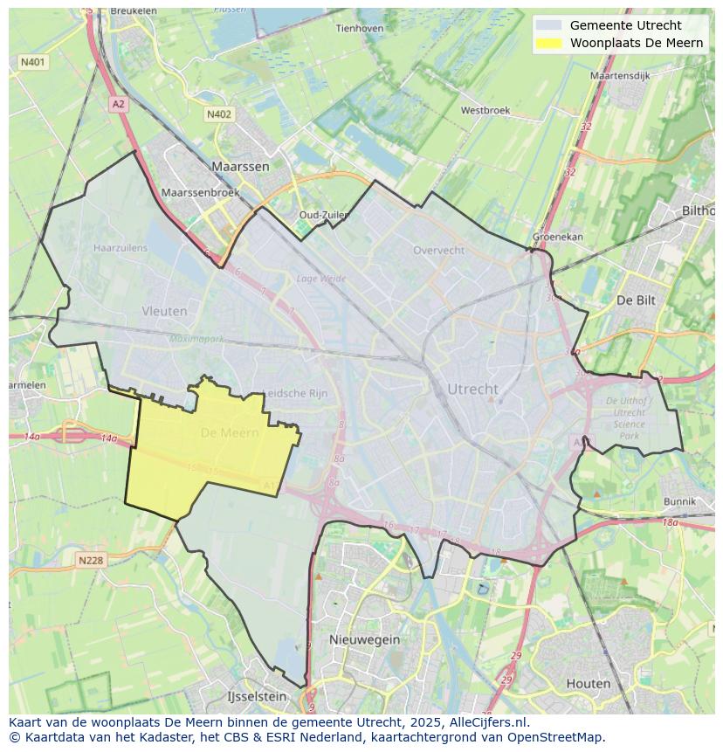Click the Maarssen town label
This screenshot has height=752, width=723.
240,166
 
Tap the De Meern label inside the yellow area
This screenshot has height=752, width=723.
230,432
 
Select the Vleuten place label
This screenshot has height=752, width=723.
164,311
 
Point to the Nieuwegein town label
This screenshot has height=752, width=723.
364,639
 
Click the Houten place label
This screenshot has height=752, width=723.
589,684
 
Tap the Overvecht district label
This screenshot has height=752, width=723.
438,250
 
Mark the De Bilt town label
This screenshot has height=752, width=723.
636,300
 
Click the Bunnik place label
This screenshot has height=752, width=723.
679,502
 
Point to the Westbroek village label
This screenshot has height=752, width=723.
485,111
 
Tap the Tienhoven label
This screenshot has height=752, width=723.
360,28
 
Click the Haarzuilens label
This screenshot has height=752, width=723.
120,248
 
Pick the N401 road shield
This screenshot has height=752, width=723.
33,62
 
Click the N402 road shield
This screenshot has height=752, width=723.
219,114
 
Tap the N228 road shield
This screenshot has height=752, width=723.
91,561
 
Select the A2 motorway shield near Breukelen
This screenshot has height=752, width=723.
119,104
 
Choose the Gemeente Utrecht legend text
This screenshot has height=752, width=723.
625,25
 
